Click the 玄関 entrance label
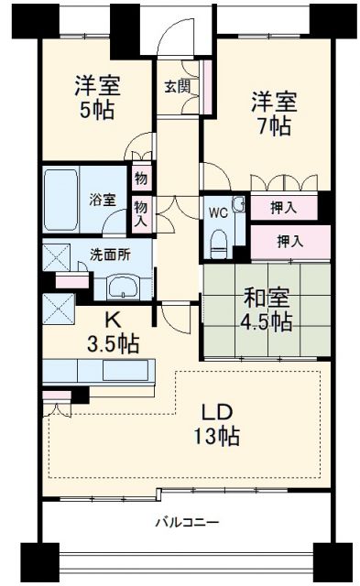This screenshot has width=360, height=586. [x=177, y=87]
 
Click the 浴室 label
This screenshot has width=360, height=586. [x=102, y=200]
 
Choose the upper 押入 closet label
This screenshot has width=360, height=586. [x=284, y=208]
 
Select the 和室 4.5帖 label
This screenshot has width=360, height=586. [x=267, y=309]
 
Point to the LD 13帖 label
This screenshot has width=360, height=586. [x=216, y=422]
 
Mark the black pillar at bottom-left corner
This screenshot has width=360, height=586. [x=36, y=559]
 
